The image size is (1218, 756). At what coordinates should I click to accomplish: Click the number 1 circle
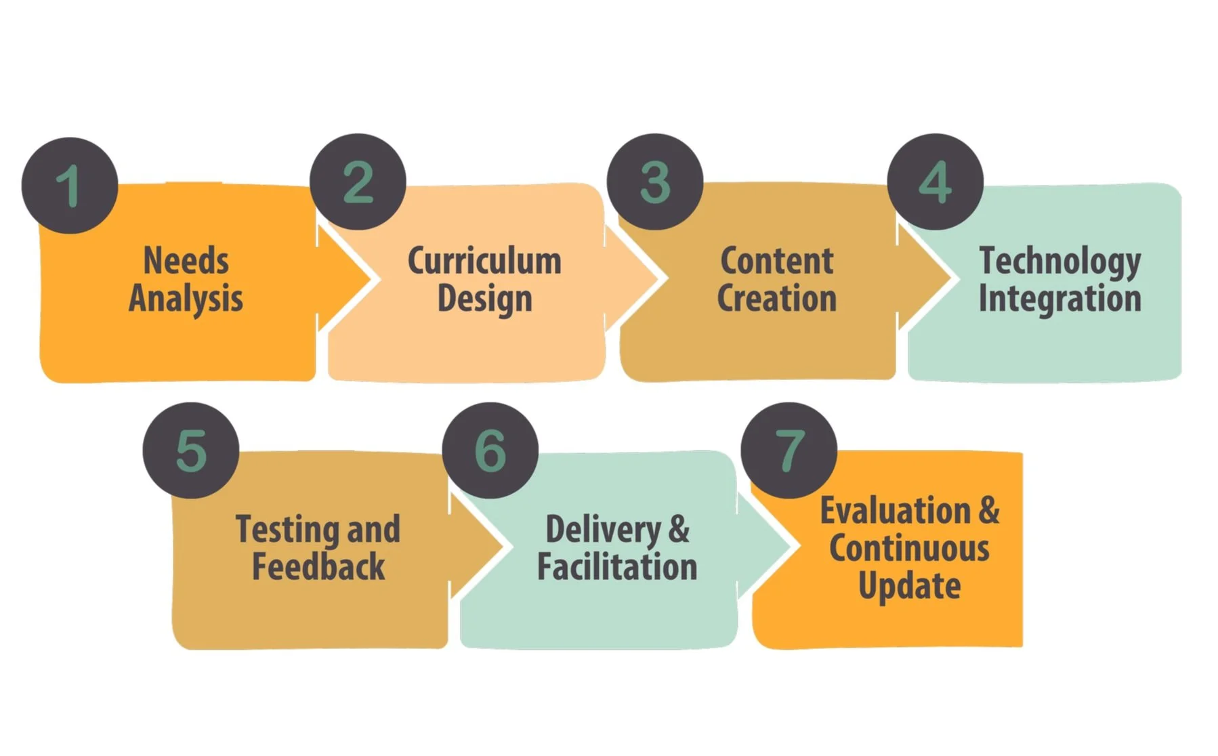pos(70,185)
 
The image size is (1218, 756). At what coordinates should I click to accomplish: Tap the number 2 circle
pos(358,182)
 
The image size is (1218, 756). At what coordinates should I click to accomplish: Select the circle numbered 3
pos(654,182)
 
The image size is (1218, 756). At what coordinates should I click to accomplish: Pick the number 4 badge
pos(935,182)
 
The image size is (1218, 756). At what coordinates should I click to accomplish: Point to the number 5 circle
pos(191,450)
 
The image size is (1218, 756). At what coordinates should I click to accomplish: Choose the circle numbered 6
pos(490,450)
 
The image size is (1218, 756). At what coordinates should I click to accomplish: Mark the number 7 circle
pos(789,450)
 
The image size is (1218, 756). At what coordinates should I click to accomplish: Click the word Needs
pos(186,261)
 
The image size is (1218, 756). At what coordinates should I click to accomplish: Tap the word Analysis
pos(186,299)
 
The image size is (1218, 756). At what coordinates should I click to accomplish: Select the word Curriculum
pos(484,261)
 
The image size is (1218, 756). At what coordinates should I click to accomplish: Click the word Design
pos(484,299)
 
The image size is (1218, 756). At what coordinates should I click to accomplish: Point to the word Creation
pos(777,299)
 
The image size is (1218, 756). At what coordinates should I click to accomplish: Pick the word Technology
pos(1060,261)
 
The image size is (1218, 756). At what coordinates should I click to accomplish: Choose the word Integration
pos(1060,299)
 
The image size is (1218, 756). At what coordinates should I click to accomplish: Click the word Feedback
pos(318,566)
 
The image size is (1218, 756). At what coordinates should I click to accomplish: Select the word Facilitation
pos(617,566)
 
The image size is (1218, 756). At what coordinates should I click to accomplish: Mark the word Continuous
pos(909,548)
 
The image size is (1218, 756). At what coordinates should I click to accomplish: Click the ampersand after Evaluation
pos(989,510)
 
